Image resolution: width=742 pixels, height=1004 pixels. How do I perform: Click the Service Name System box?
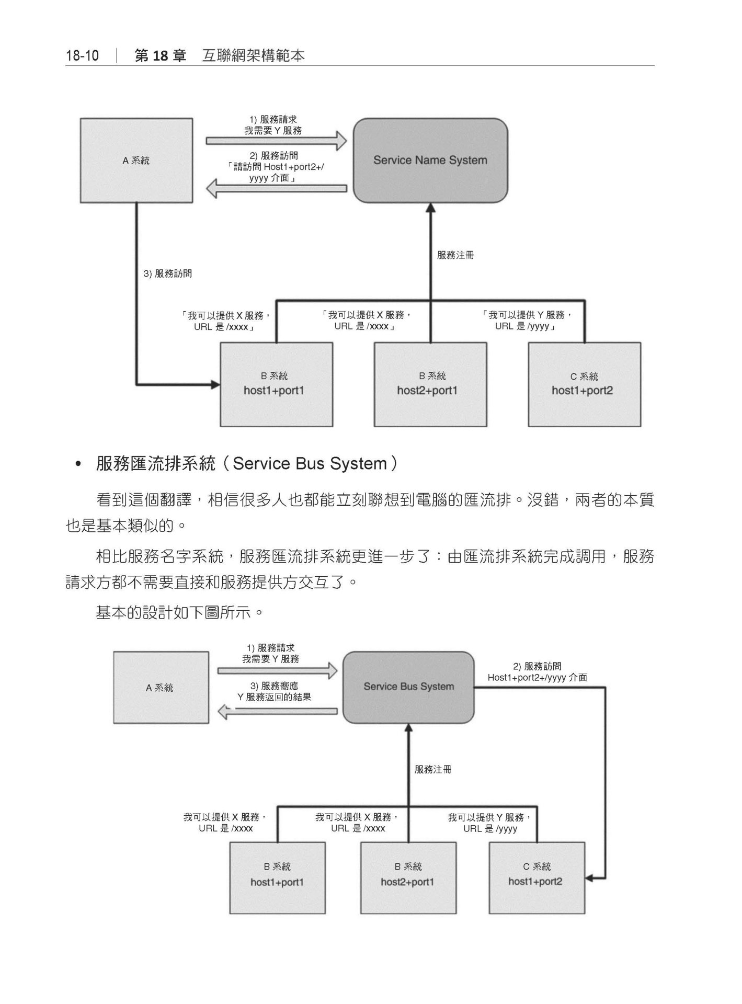point(430,161)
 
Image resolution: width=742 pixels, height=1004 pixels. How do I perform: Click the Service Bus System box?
point(408,687)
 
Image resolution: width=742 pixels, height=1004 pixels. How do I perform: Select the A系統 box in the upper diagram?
point(136,161)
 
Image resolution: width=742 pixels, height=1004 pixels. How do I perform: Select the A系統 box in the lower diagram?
point(161,688)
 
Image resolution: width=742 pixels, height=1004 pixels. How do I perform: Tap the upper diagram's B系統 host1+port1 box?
point(276,384)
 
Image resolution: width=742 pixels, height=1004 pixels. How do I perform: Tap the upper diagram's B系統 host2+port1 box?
point(430,384)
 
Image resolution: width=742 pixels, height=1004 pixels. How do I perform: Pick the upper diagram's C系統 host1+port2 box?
point(584,384)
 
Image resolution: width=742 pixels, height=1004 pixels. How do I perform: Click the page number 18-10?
point(82,56)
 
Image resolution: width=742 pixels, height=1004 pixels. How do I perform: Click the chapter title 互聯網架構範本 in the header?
point(253,56)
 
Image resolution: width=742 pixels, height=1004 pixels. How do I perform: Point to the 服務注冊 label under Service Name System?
point(455,256)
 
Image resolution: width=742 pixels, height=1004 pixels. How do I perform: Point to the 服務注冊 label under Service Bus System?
point(432,769)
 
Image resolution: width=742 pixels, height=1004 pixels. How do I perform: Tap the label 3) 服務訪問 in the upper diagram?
point(167,273)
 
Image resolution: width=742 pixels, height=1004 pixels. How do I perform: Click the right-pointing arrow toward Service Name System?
point(276,141)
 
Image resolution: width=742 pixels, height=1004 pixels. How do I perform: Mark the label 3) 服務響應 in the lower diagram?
point(274,686)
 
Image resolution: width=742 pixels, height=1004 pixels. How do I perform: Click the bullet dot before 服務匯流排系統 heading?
point(79,464)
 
